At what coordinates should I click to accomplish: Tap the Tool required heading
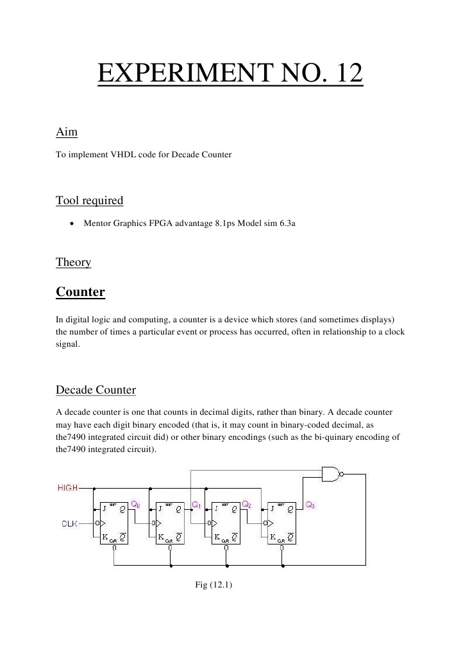(x=90, y=200)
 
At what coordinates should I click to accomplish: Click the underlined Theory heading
(x=74, y=262)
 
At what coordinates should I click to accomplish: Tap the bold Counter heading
(x=80, y=292)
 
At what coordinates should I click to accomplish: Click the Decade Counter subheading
(x=96, y=390)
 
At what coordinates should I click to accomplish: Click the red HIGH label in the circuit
(x=67, y=488)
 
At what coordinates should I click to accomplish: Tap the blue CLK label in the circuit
(x=69, y=524)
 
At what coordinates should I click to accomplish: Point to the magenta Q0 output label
(x=136, y=505)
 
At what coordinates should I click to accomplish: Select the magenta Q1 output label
(x=197, y=505)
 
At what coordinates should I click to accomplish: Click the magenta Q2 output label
(x=246, y=505)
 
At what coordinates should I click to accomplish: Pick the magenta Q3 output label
(x=310, y=505)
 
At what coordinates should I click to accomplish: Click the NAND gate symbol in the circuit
(x=331, y=475)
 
